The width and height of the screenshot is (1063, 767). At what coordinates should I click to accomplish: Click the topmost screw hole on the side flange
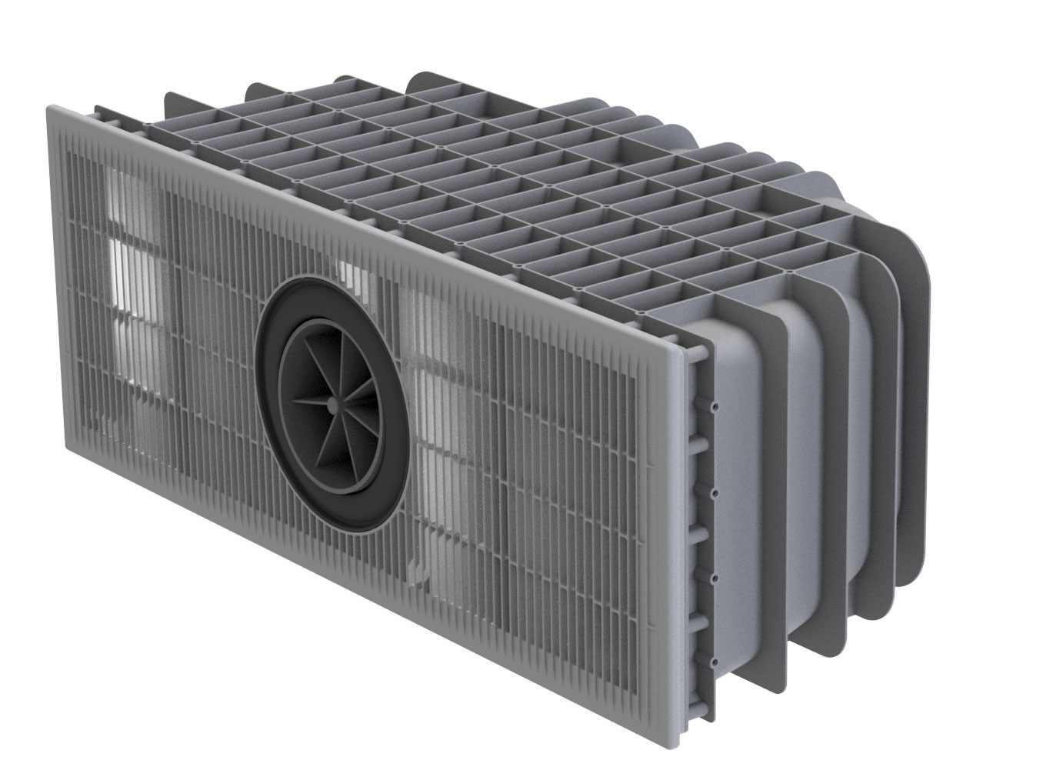coord(715,404)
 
